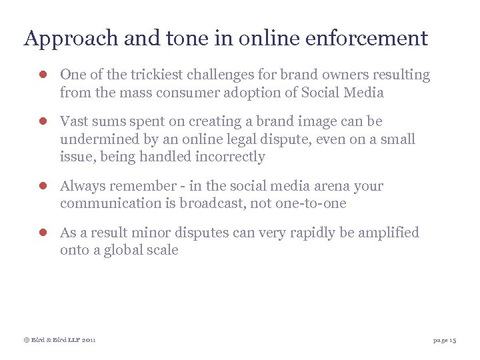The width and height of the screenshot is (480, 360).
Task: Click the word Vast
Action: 74,122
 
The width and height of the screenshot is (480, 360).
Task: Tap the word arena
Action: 311,186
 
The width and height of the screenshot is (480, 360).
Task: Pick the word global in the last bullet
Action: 117,251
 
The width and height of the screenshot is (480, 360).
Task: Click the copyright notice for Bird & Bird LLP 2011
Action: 59,340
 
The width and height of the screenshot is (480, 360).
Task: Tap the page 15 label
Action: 444,340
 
